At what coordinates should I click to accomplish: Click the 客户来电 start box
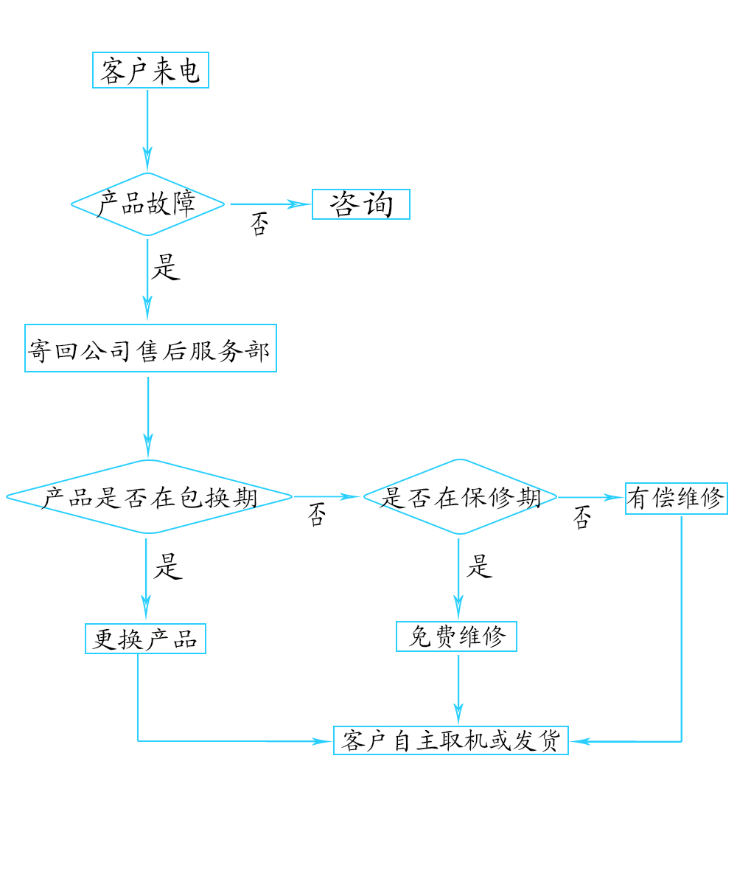(150, 71)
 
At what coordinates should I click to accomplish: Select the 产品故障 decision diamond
(147, 204)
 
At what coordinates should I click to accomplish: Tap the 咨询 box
(360, 204)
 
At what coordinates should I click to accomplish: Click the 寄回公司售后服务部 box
(150, 348)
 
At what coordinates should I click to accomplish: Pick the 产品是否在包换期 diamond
(149, 497)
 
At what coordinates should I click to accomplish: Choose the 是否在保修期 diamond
(459, 497)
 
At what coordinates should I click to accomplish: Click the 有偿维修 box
(676, 499)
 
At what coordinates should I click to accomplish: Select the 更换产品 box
(145, 639)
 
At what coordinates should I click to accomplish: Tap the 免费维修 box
(456, 636)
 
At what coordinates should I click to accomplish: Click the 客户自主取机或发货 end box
(451, 740)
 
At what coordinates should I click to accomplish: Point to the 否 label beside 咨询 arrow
(259, 223)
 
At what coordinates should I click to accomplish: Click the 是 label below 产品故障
(166, 267)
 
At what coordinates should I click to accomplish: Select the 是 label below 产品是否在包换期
(167, 566)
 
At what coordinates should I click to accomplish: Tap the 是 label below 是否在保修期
(479, 566)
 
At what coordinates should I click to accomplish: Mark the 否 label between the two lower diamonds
(316, 514)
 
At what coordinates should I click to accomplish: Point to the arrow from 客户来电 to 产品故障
(147, 125)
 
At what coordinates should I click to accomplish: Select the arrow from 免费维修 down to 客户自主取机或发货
(458, 686)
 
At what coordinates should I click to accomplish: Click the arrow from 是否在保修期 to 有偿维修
(590, 498)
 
